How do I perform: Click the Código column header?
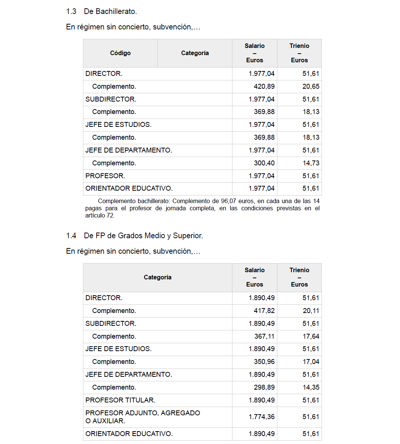(x=120, y=53)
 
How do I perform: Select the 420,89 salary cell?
(x=264, y=86)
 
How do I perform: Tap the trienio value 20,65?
(x=311, y=86)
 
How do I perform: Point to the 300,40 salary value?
(x=264, y=163)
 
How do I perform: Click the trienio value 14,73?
(x=311, y=163)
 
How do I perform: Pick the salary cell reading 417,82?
(x=264, y=311)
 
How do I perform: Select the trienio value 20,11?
(x=311, y=311)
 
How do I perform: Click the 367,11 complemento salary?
(x=264, y=336)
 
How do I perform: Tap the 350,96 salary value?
(x=264, y=362)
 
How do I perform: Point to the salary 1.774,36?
(x=262, y=417)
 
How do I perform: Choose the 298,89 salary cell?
(x=264, y=387)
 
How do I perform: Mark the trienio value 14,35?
(x=311, y=387)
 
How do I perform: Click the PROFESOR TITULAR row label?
(x=120, y=400)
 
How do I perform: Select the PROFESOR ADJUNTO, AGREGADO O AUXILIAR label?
(x=143, y=417)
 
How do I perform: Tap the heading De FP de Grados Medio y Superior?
(x=143, y=236)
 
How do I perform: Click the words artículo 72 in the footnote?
(x=100, y=216)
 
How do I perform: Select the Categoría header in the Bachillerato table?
(x=195, y=53)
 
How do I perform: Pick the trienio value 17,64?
(x=311, y=336)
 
